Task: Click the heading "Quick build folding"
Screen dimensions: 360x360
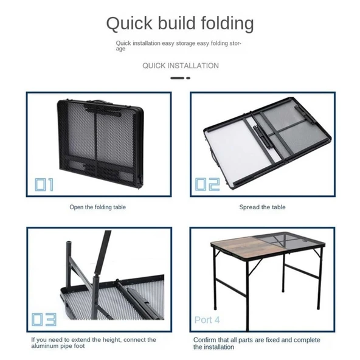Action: pos(180,24)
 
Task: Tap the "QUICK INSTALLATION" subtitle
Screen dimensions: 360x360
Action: pos(181,66)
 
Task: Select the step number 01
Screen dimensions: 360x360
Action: pos(44,185)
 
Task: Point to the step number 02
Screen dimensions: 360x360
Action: pos(207,184)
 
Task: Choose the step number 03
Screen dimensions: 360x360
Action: pos(44,319)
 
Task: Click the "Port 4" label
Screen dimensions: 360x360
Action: pos(207,320)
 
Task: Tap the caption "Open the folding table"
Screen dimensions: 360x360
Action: pos(97,207)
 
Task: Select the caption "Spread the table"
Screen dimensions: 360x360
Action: pos(263,207)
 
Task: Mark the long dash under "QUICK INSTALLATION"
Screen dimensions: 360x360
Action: pos(177,78)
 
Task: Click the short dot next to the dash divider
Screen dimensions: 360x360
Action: pos(189,78)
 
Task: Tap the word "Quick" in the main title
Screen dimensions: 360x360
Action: pos(130,24)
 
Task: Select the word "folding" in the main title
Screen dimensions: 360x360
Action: pos(227,24)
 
